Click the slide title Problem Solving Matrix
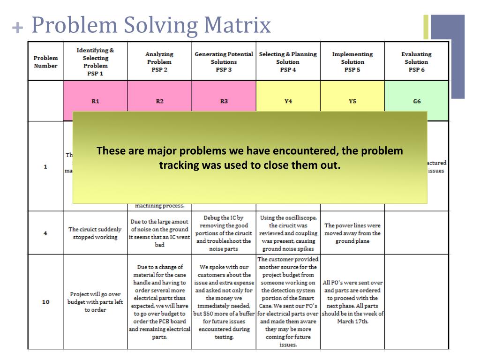[151, 25]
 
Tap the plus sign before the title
[17, 28]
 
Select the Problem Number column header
[45, 62]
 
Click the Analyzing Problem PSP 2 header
[159, 62]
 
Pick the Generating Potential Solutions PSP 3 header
[224, 62]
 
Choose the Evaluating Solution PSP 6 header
[416, 62]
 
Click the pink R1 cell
[95, 101]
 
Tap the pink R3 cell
[224, 101]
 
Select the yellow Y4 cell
[288, 101]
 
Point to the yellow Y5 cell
[352, 101]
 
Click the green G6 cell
[416, 101]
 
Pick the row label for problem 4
[45, 233]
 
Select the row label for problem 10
[45, 302]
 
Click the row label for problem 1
[45, 166]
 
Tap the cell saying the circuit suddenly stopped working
[95, 233]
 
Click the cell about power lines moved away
[352, 233]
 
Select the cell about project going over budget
[95, 302]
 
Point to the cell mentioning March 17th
[352, 302]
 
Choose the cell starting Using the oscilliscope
[288, 233]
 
